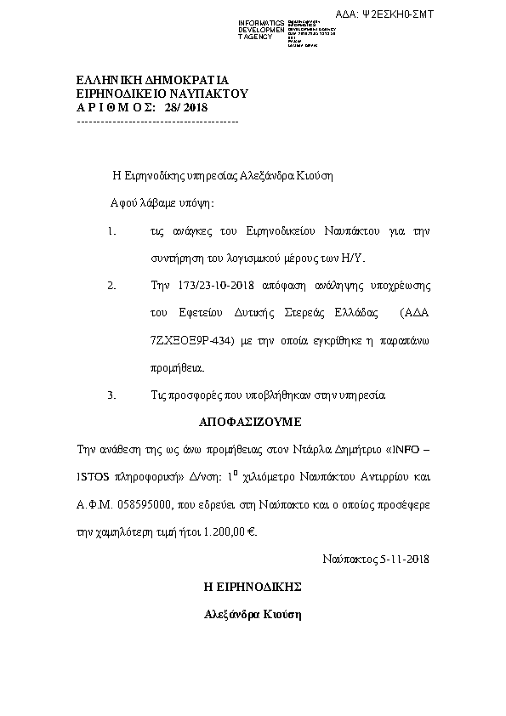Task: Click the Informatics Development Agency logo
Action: (x=287, y=31)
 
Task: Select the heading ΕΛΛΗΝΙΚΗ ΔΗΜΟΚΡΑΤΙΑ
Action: (x=141, y=80)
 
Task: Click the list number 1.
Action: (x=111, y=231)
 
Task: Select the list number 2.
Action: (x=111, y=286)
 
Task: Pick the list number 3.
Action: (x=111, y=395)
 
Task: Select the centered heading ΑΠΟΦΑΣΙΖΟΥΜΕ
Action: (x=251, y=422)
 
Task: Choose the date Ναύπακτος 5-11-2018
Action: (x=376, y=560)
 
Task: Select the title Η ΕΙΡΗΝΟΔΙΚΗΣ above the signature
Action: (x=253, y=587)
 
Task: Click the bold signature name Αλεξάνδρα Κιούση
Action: (x=253, y=614)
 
